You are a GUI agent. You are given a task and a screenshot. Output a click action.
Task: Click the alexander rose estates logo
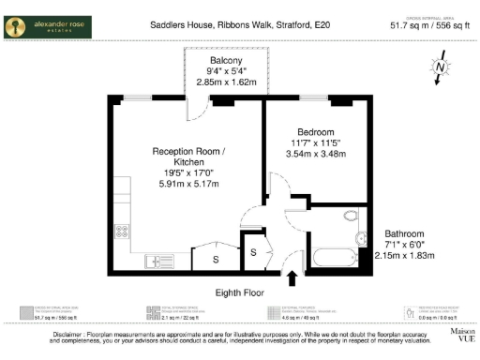point(48,27)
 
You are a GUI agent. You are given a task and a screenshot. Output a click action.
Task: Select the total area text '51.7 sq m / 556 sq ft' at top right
point(430,27)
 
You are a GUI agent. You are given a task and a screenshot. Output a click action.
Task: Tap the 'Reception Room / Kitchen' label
point(188,157)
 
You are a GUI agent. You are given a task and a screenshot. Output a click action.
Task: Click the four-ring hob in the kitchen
point(121,232)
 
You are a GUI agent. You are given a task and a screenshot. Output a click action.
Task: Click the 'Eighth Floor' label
point(241,292)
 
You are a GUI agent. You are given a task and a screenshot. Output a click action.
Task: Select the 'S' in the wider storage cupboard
point(215,259)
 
